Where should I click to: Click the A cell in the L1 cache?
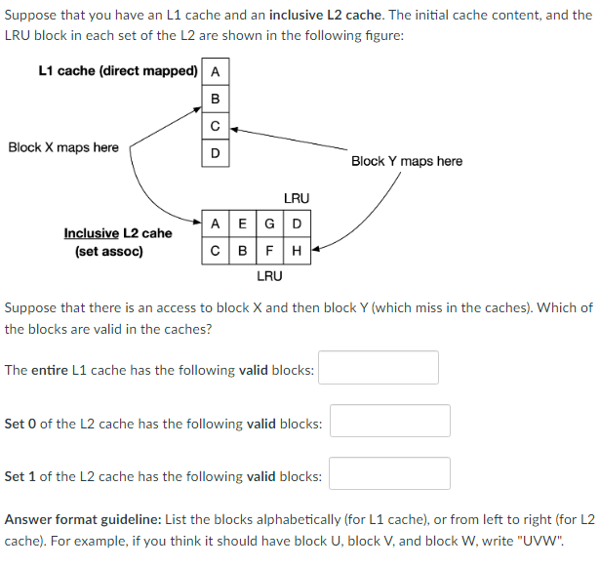[x=215, y=71]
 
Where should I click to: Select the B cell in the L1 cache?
[x=215, y=99]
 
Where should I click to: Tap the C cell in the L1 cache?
[x=215, y=126]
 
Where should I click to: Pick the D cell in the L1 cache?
[x=215, y=153]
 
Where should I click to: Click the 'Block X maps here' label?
[x=63, y=148]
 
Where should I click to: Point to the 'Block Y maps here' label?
[x=406, y=161]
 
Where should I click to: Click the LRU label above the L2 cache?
[x=296, y=199]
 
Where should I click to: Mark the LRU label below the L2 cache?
[x=269, y=276]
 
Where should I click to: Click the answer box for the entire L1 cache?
[x=379, y=368]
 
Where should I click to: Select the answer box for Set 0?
[x=390, y=421]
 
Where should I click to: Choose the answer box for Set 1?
[x=390, y=473]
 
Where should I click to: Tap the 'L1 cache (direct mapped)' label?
[x=117, y=71]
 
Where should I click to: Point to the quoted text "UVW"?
[x=541, y=540]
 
